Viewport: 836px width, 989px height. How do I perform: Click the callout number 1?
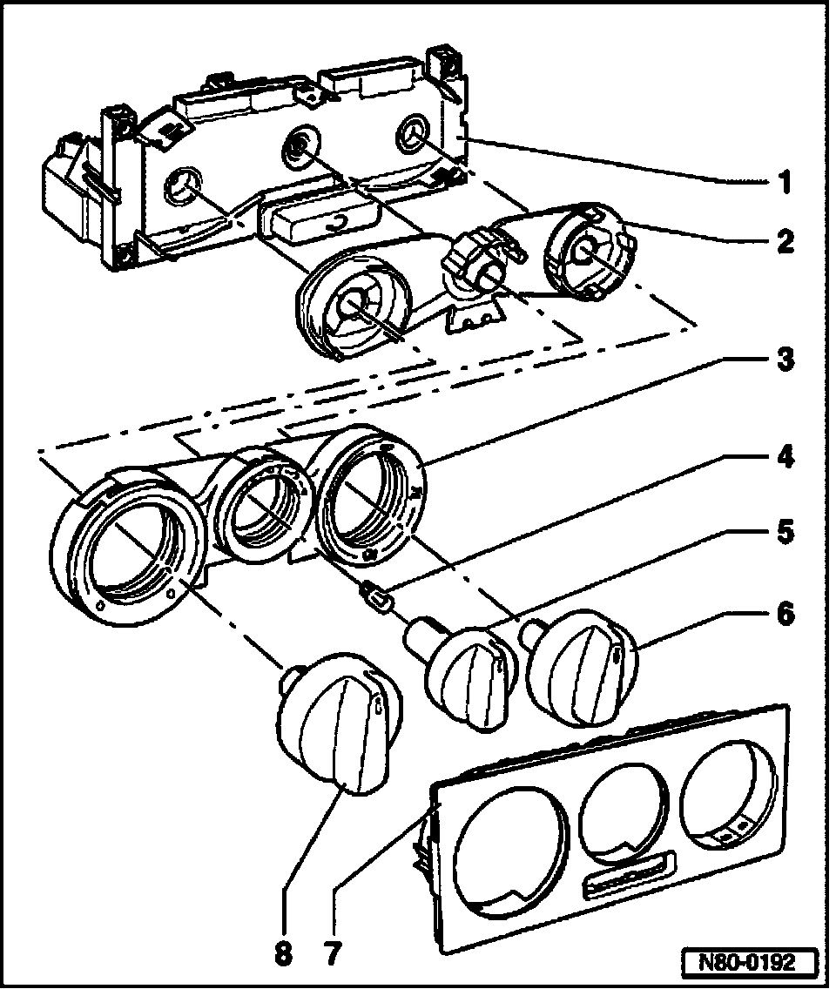[785, 183]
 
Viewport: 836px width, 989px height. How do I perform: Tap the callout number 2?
[785, 241]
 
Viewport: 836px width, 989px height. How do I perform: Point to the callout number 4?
[785, 456]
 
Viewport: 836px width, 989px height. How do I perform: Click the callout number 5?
[785, 532]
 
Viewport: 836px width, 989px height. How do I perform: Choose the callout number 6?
[785, 614]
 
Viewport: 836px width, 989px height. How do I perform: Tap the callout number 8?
[283, 953]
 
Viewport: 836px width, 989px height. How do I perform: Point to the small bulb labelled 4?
[376, 599]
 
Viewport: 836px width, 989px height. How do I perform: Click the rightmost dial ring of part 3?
[370, 496]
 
